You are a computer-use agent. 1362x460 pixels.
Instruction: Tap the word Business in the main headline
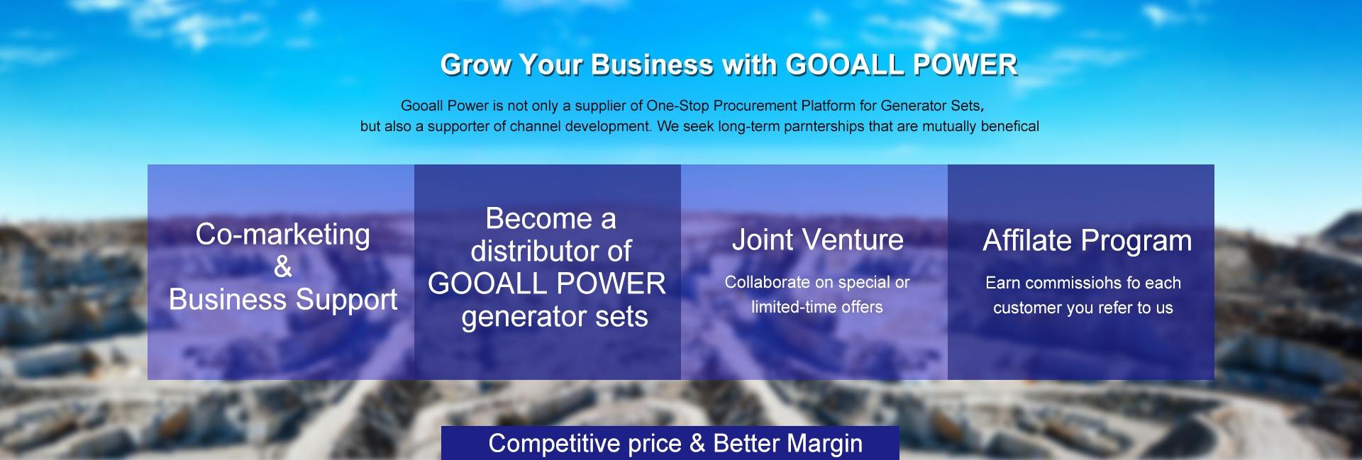tap(652, 65)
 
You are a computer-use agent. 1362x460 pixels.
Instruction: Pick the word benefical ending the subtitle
tap(1009, 127)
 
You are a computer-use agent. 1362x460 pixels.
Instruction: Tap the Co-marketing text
tap(283, 235)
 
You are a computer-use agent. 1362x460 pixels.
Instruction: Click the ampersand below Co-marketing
tap(283, 267)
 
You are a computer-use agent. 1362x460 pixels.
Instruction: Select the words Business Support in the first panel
tap(283, 300)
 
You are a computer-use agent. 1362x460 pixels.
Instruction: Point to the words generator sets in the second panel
tap(555, 317)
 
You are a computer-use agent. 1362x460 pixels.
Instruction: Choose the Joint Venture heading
tap(818, 240)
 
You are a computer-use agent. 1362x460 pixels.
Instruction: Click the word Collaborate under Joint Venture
tap(768, 282)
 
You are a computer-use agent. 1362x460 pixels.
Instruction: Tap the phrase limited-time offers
tap(817, 307)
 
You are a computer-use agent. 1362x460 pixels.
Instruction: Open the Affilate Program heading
tap(1087, 241)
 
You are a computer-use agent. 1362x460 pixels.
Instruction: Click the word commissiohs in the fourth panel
tap(1070, 283)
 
